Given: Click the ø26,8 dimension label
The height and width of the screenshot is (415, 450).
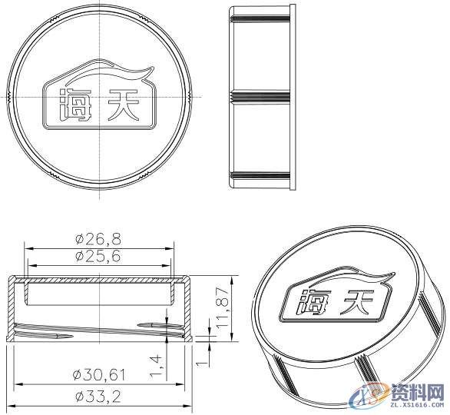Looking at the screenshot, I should click(99, 238).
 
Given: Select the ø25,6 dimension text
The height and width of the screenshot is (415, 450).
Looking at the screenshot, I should click(99, 257).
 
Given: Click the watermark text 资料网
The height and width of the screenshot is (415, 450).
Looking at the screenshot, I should click(415, 390).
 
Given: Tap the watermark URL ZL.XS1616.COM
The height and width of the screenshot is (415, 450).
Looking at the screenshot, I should click(415, 405).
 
